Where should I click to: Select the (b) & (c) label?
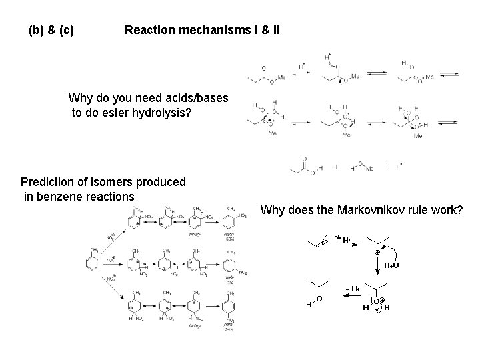click(51, 30)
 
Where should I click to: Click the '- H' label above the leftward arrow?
click(351, 287)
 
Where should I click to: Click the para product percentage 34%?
click(229, 329)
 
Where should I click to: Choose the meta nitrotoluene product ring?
click(231, 261)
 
